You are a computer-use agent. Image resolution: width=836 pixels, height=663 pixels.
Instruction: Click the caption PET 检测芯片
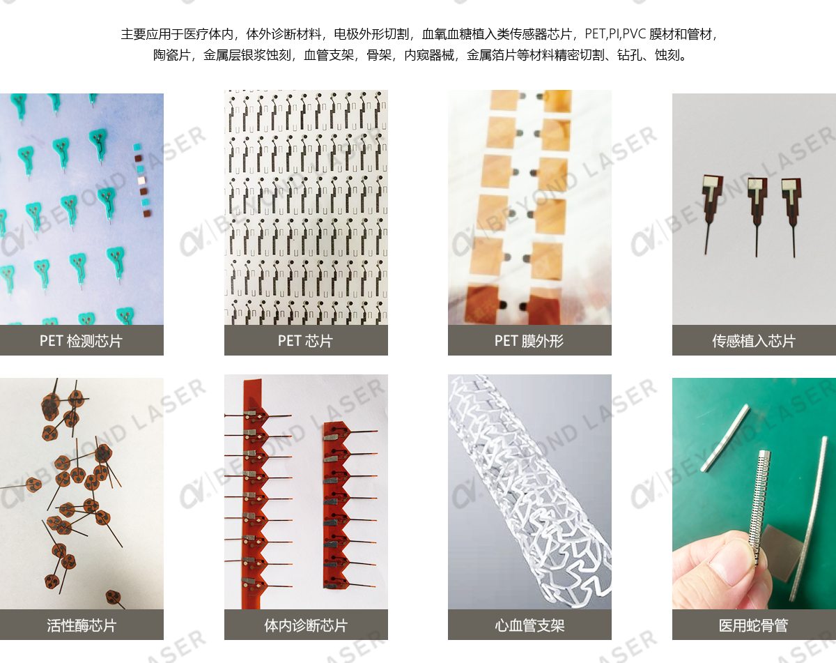tap(81, 341)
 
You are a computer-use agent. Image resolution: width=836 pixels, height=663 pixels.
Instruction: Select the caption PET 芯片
tap(305, 341)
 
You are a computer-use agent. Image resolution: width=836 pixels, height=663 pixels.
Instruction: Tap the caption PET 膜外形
tap(529, 341)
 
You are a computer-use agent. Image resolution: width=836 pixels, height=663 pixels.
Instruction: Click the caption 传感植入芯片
tap(753, 341)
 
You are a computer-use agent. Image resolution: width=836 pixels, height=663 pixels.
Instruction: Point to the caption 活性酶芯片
tap(81, 625)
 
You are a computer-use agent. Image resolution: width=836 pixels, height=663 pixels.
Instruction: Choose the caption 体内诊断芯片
tap(305, 625)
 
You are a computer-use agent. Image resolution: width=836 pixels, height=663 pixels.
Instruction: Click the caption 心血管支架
tap(529, 625)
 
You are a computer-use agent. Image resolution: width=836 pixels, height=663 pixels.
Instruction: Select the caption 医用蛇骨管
tap(753, 625)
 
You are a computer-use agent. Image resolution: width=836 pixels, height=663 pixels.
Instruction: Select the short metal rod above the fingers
tap(725, 438)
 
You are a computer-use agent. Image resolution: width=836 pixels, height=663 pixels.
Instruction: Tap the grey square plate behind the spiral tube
tap(778, 551)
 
